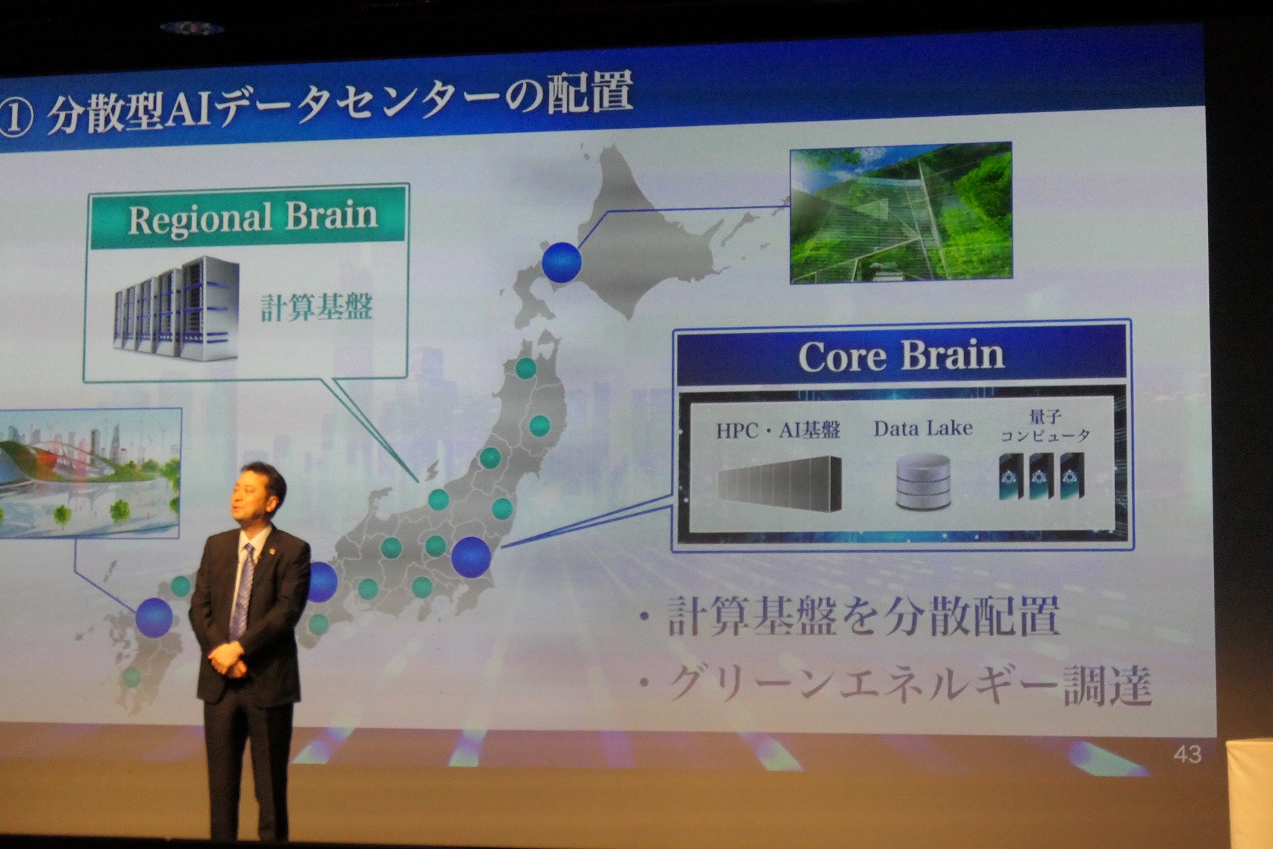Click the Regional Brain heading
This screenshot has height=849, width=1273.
(x=253, y=218)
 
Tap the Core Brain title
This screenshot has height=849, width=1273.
(x=901, y=356)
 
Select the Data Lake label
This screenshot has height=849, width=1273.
(x=923, y=428)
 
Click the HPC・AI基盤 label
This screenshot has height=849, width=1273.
(x=778, y=430)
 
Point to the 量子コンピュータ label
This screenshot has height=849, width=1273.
(x=1045, y=426)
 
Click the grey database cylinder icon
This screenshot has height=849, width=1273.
(x=923, y=482)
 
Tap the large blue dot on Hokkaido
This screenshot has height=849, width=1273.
(x=562, y=261)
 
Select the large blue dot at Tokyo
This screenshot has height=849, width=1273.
(x=471, y=556)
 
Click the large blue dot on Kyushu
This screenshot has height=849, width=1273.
(x=154, y=617)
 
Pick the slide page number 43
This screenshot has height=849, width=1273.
(x=1187, y=754)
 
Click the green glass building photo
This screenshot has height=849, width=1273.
(x=901, y=213)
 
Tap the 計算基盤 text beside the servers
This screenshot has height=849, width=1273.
(x=316, y=307)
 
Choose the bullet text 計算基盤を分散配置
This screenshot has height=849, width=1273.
(x=862, y=617)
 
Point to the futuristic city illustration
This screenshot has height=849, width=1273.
(x=90, y=472)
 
